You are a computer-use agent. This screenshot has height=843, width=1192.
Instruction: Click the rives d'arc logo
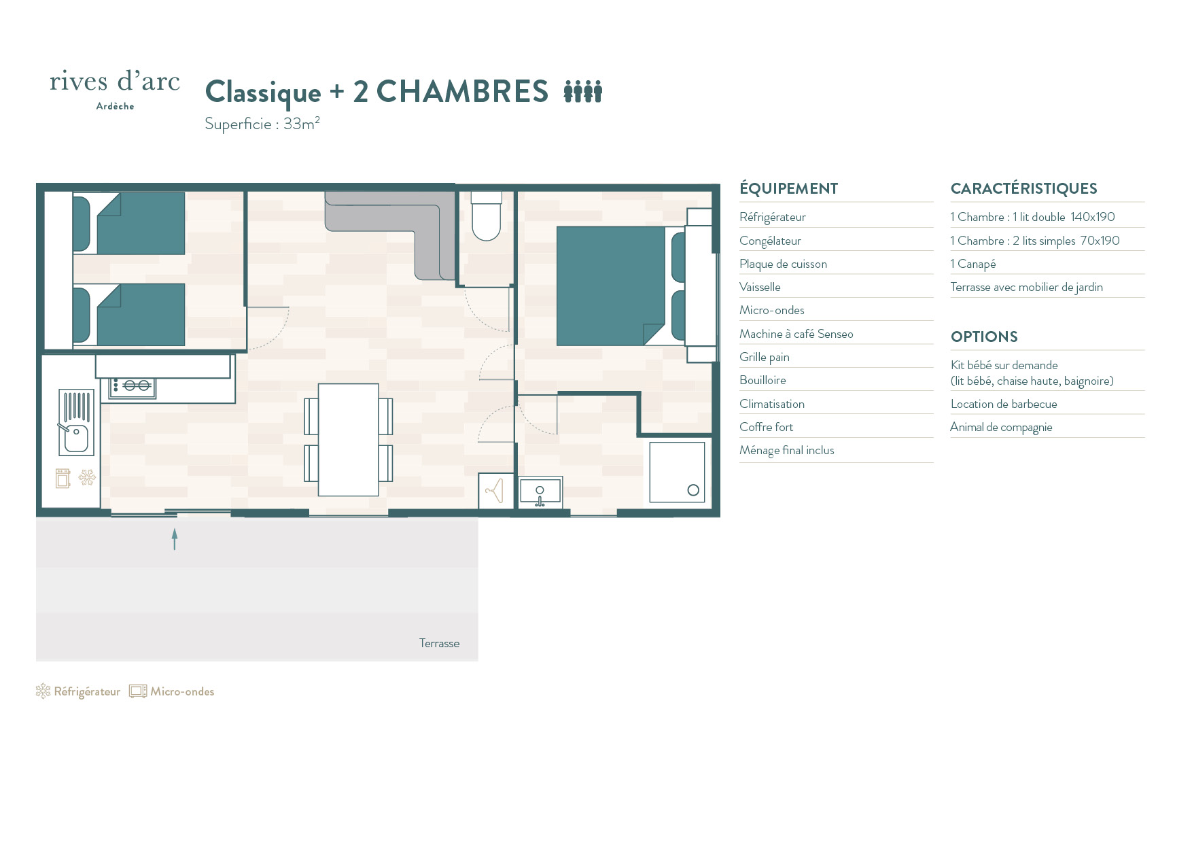(115, 89)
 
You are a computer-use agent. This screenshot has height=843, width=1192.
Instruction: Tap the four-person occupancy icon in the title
(583, 91)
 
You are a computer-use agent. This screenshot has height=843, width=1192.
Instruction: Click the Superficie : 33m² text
(262, 123)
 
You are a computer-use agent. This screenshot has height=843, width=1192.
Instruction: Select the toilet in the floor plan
(487, 216)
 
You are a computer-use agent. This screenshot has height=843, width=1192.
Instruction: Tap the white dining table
(349, 440)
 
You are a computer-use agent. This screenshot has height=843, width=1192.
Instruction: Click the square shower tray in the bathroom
(677, 472)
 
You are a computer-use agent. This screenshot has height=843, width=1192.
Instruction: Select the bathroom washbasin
(540, 492)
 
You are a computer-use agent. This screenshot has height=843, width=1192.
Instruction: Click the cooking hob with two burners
(133, 387)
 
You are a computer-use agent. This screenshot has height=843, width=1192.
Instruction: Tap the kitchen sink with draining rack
(76, 422)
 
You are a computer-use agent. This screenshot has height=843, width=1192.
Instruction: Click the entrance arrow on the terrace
(175, 539)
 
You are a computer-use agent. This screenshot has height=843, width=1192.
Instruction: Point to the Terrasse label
(439, 643)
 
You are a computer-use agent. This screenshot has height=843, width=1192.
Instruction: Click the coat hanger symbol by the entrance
(494, 490)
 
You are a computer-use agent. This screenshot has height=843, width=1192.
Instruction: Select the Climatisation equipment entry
(772, 404)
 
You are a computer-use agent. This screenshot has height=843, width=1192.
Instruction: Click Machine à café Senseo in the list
(796, 334)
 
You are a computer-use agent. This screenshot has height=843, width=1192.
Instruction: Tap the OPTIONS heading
(984, 337)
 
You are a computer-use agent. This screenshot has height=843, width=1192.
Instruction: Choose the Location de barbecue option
(1004, 404)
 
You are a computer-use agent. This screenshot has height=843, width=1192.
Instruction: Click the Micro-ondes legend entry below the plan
(172, 691)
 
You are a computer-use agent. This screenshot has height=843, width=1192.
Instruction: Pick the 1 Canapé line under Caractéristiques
(973, 264)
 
